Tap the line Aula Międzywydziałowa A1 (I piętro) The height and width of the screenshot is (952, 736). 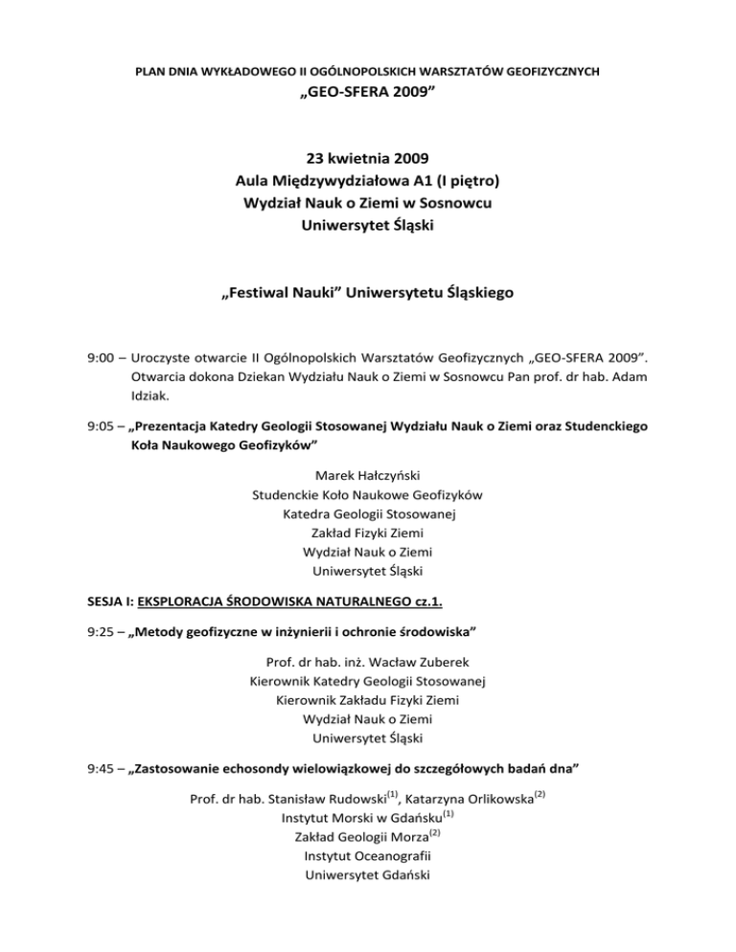368,180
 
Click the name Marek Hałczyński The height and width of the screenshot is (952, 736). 368,475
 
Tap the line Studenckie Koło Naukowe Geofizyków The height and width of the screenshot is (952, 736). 368,495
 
